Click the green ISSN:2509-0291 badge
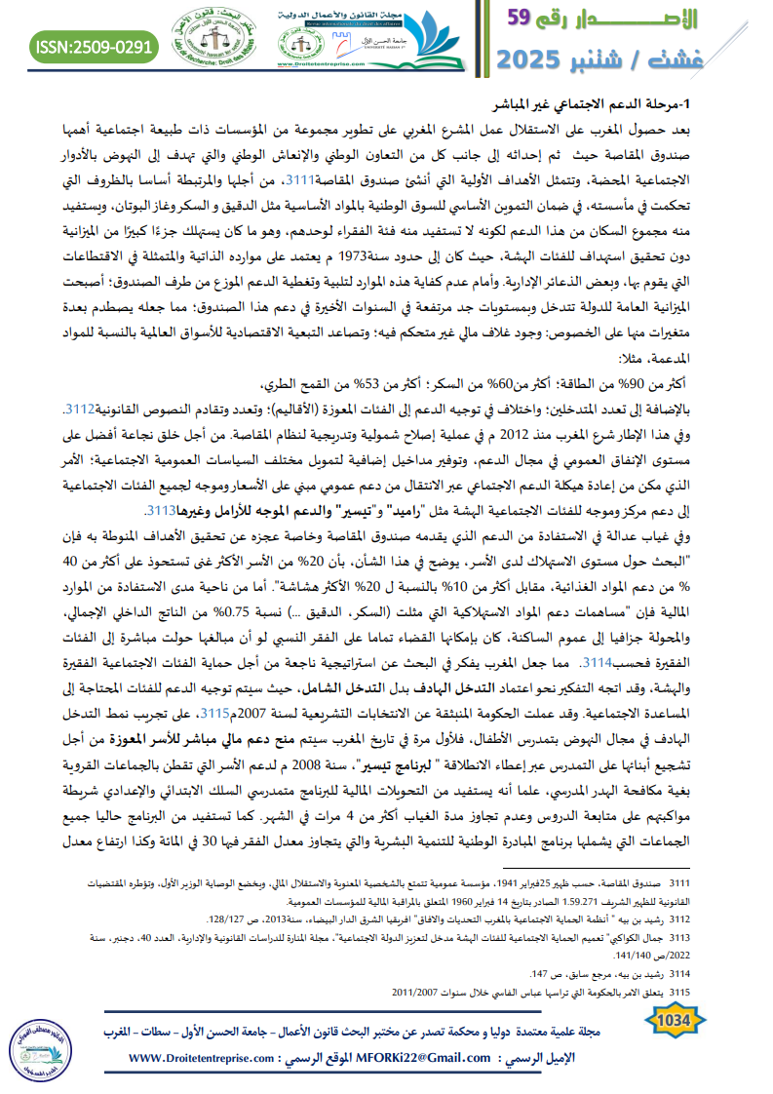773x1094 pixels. (95, 47)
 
